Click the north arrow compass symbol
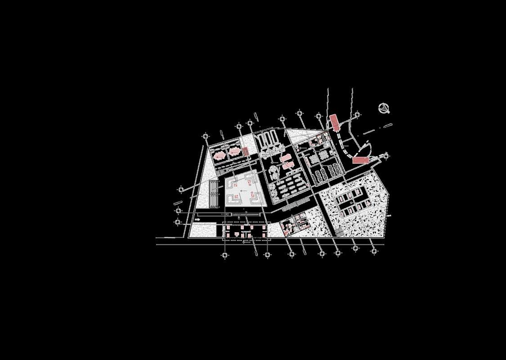pos(385,108)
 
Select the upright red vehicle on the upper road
pos(334,122)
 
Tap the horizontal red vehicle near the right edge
pos(361,160)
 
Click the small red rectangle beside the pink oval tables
pos(246,151)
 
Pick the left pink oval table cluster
pos(220,156)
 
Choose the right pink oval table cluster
pos(234,152)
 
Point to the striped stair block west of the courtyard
pos(213,194)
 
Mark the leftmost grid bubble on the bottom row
pos(225,255)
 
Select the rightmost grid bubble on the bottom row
pos(374,251)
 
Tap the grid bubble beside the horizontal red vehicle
pos(385,156)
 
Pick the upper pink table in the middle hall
pos(285,157)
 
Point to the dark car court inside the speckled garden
pos(351,202)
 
